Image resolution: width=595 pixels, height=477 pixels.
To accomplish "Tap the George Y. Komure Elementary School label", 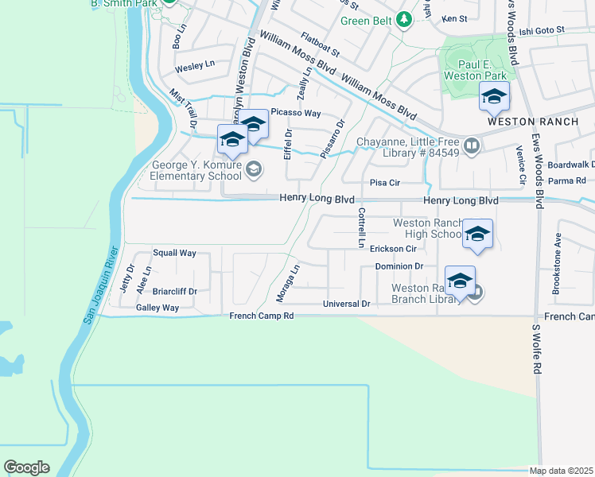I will pos(196,173).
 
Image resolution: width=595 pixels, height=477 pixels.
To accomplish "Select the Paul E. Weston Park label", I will pos(472,70).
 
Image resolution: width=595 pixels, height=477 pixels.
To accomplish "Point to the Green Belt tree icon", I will pos(405,19).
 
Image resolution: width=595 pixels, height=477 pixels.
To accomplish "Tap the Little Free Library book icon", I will pos(472,145).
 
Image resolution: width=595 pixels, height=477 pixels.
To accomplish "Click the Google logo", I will pos(26,467).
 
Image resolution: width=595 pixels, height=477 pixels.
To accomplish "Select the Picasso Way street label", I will pos(295,113).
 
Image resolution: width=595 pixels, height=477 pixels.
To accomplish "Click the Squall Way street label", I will pos(174,253).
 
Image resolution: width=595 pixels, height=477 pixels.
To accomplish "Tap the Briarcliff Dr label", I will pos(174,292).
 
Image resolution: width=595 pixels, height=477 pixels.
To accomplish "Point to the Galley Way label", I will pos(157,308).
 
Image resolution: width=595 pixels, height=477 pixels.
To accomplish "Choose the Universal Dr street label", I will pos(347,304).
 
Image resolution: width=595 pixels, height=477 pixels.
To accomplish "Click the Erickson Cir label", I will pos(393,249).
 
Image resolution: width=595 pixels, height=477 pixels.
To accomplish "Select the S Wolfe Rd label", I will pos(536,349).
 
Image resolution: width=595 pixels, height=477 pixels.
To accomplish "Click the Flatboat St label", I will pos(320,45).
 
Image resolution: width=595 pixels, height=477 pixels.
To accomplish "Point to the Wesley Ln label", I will pos(195,64).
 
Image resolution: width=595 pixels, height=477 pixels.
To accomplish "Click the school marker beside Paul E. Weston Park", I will pos(494,98).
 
